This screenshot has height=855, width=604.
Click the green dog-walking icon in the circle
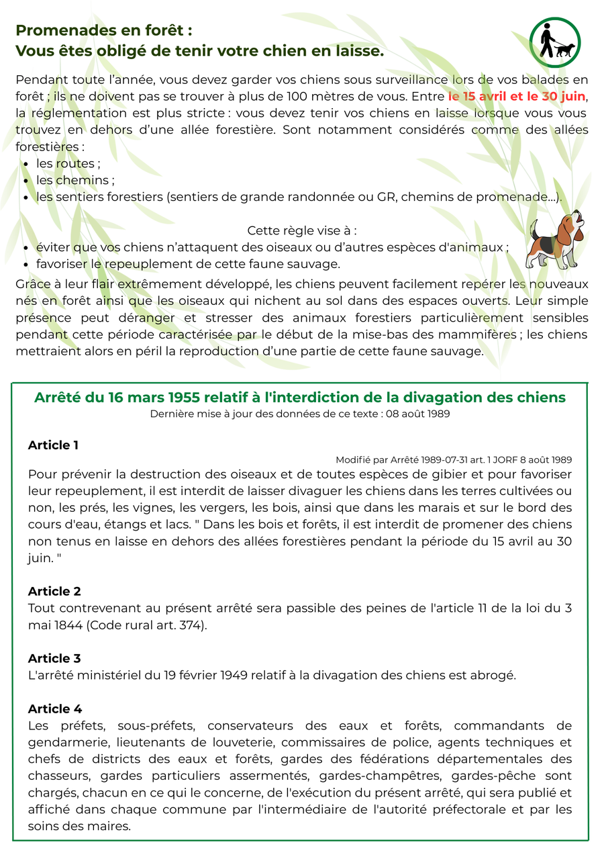(555, 42)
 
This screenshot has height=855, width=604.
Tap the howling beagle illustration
(555, 240)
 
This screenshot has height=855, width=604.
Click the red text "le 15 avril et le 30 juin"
(517, 96)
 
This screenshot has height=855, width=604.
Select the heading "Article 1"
(53, 445)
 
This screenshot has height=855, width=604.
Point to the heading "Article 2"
(54, 591)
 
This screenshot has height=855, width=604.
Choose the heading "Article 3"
(54, 658)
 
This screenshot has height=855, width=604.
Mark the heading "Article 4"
(54, 709)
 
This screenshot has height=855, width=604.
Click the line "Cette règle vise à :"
(302, 230)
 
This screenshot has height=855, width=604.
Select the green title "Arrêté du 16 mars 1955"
(300, 398)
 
